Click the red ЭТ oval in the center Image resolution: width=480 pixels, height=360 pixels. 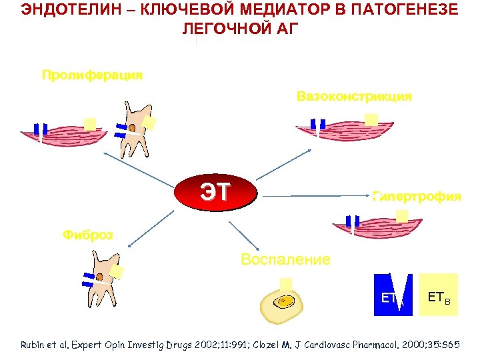215,193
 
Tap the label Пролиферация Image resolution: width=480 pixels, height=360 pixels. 92,75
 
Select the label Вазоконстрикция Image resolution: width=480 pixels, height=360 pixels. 354,97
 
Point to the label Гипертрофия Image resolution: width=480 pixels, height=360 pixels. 417,197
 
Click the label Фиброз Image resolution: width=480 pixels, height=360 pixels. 87,235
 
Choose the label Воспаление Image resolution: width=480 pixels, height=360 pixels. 285,259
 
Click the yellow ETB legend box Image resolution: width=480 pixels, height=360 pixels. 438,294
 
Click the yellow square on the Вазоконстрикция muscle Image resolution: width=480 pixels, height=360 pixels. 371,120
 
